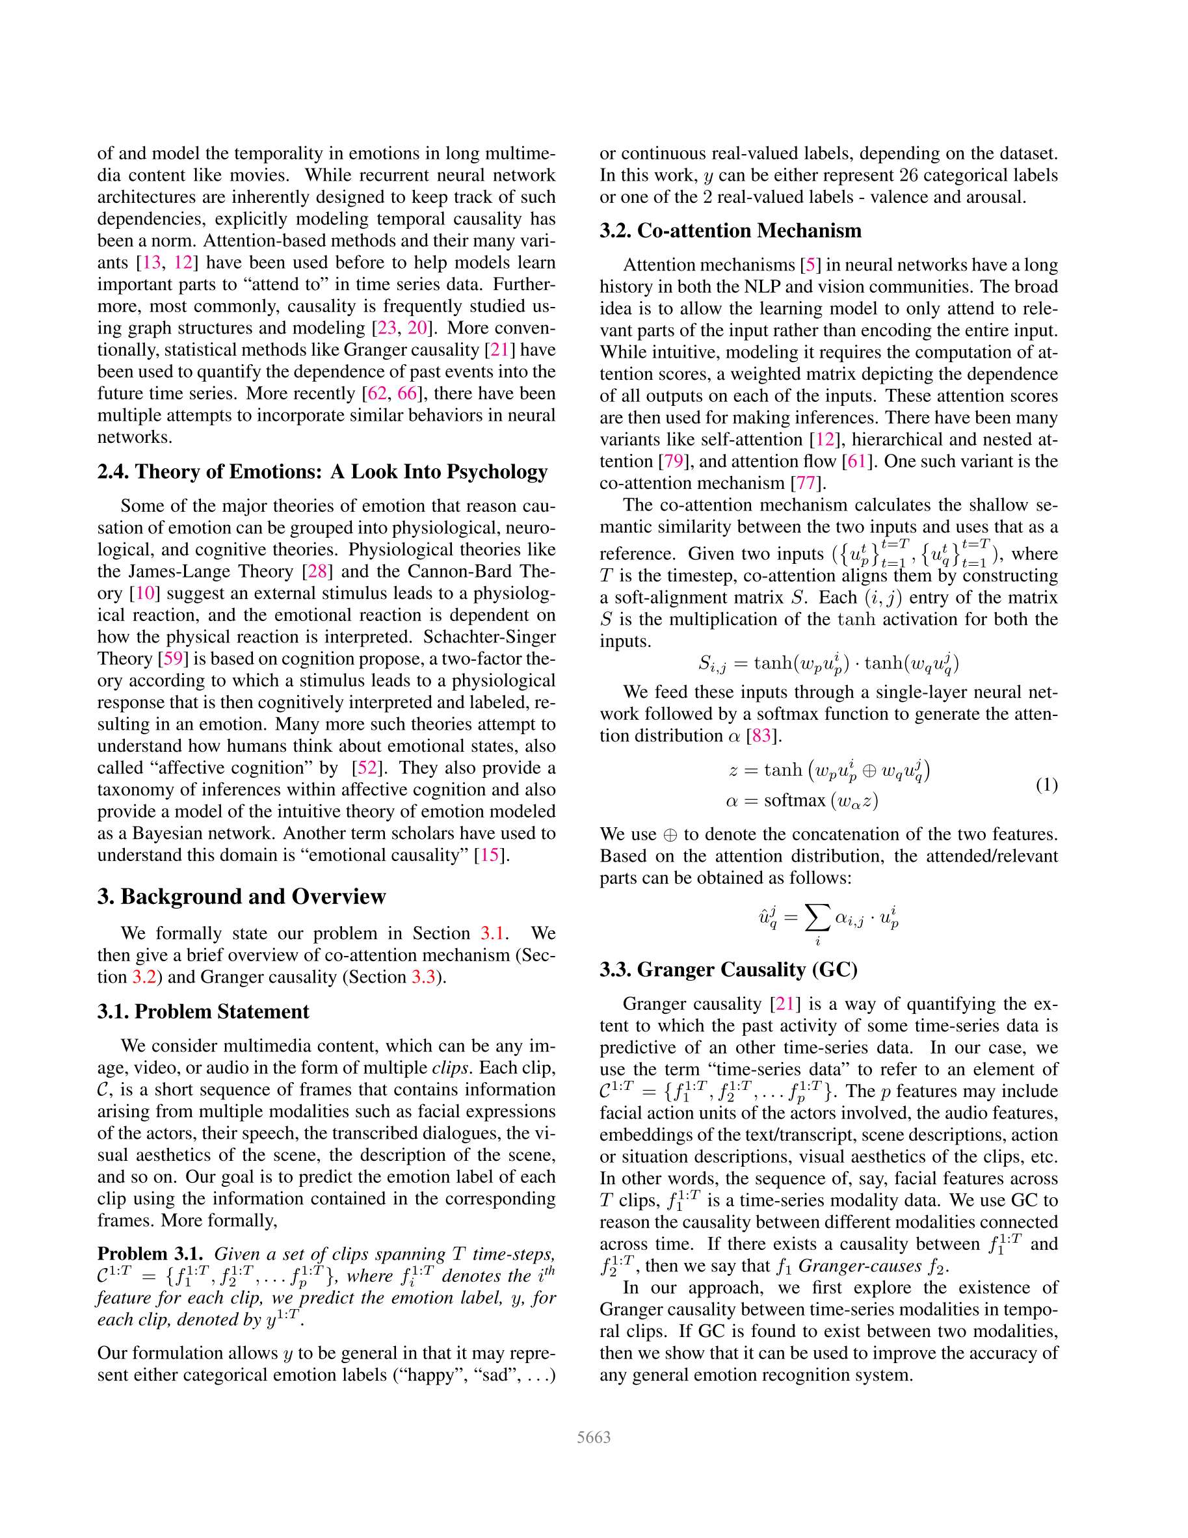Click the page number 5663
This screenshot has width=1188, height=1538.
click(593, 1437)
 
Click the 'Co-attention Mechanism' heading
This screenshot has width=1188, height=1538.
click(730, 230)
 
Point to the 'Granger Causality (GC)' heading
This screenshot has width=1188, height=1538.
click(728, 970)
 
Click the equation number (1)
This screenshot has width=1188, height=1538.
click(1046, 784)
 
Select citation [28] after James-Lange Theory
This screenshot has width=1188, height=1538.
click(317, 571)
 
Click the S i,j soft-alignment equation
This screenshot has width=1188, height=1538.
click(828, 664)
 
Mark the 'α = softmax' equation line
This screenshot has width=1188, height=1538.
click(801, 801)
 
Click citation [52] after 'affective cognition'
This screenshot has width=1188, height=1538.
click(366, 767)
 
